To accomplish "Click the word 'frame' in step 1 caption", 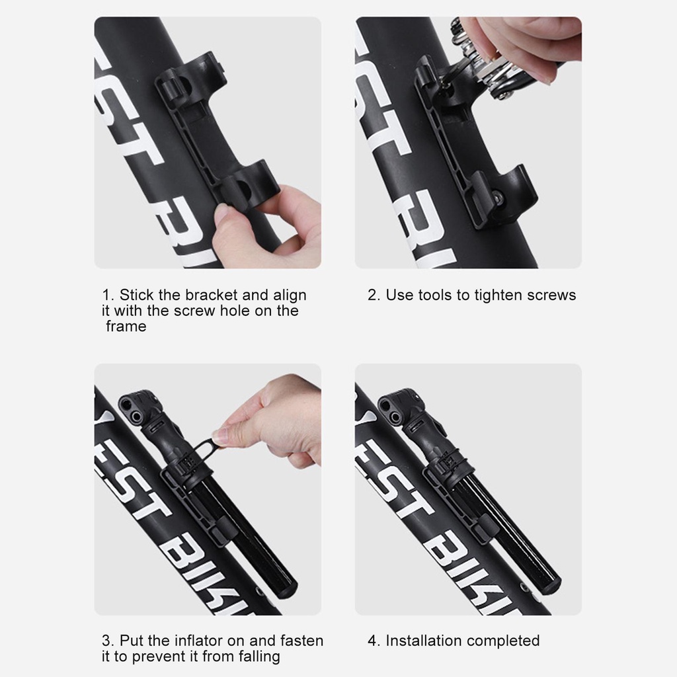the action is [126, 326].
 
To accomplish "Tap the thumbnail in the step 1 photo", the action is [222, 212].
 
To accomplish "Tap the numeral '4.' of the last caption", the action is [374, 640].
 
